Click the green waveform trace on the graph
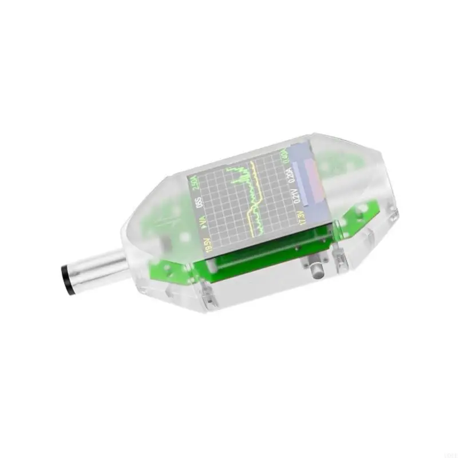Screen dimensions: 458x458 click(240, 177)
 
